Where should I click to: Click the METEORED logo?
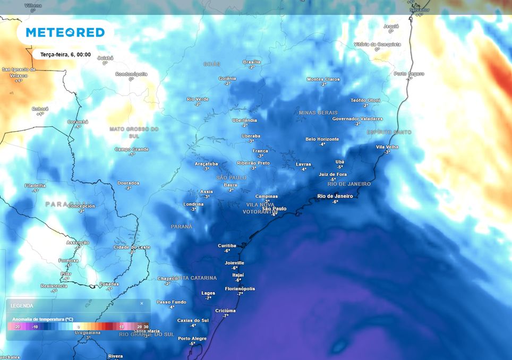coord(65,32)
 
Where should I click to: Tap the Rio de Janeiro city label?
coord(335,196)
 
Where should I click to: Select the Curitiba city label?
coord(227,245)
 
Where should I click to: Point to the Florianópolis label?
coord(240,288)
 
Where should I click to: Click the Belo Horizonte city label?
coord(322,139)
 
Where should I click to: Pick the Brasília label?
coord(251,62)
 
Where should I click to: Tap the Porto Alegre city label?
coord(192,338)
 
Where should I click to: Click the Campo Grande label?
coord(132,149)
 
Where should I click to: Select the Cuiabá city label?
coord(105,57)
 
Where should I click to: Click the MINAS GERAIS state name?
coord(318,113)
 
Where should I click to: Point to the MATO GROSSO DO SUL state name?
coord(134,132)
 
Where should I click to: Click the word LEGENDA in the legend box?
coord(22,305)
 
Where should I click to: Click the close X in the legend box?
coord(142,303)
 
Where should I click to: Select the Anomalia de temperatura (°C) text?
coord(42,319)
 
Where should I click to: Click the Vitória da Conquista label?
coord(377,44)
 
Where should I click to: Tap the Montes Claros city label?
coord(323,79)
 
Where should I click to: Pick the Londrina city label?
coord(193,204)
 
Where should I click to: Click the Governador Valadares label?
coord(357,118)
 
